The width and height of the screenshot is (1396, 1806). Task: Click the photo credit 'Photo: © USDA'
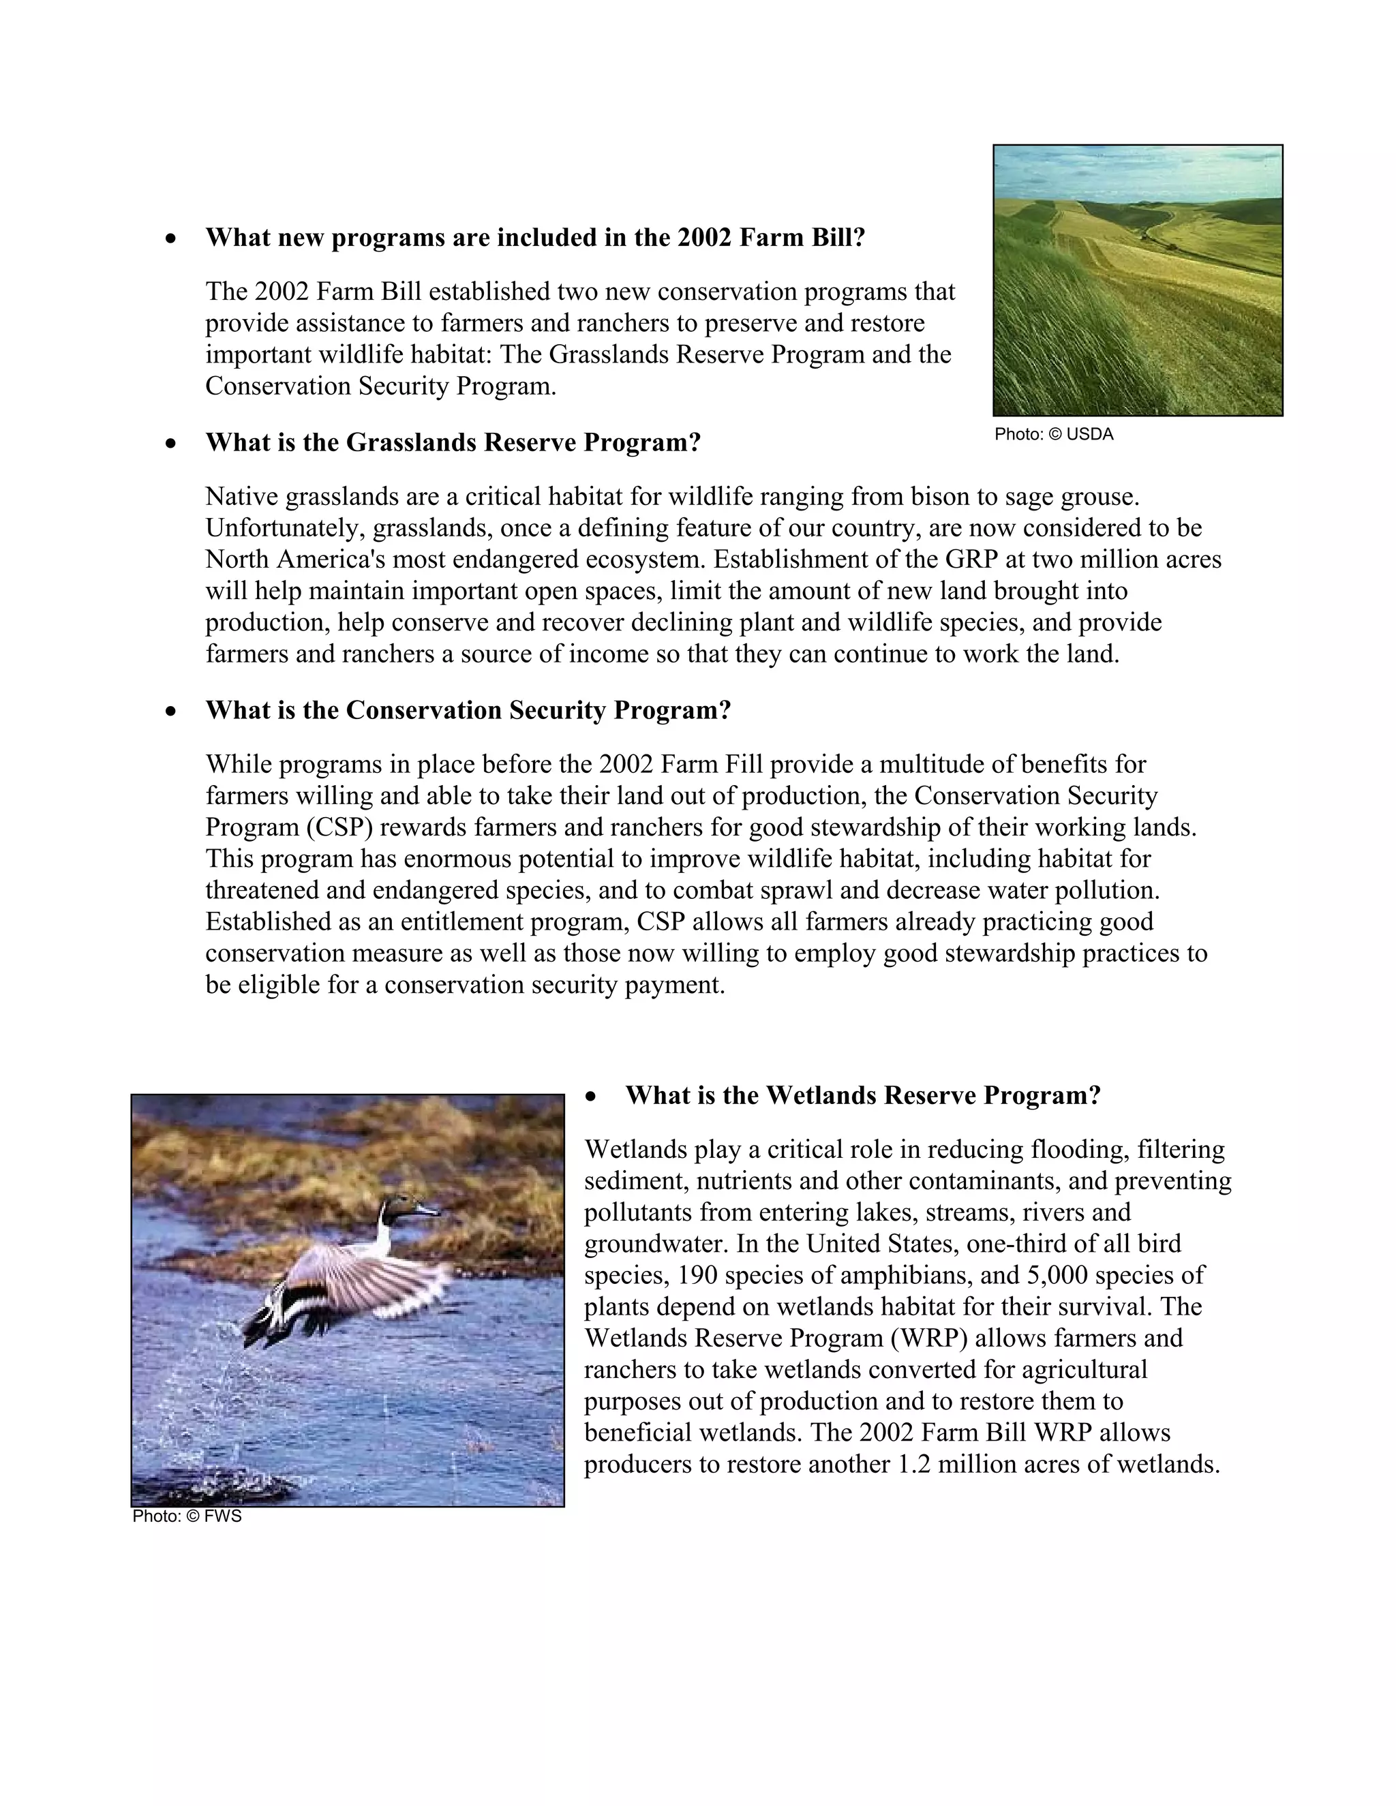click(1054, 434)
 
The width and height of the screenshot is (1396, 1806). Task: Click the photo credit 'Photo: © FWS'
click(187, 1516)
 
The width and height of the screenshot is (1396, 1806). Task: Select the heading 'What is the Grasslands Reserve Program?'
click(453, 442)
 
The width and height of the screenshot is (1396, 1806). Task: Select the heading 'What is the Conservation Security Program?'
click(468, 710)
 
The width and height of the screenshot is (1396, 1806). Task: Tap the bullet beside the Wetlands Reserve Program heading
click(590, 1097)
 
